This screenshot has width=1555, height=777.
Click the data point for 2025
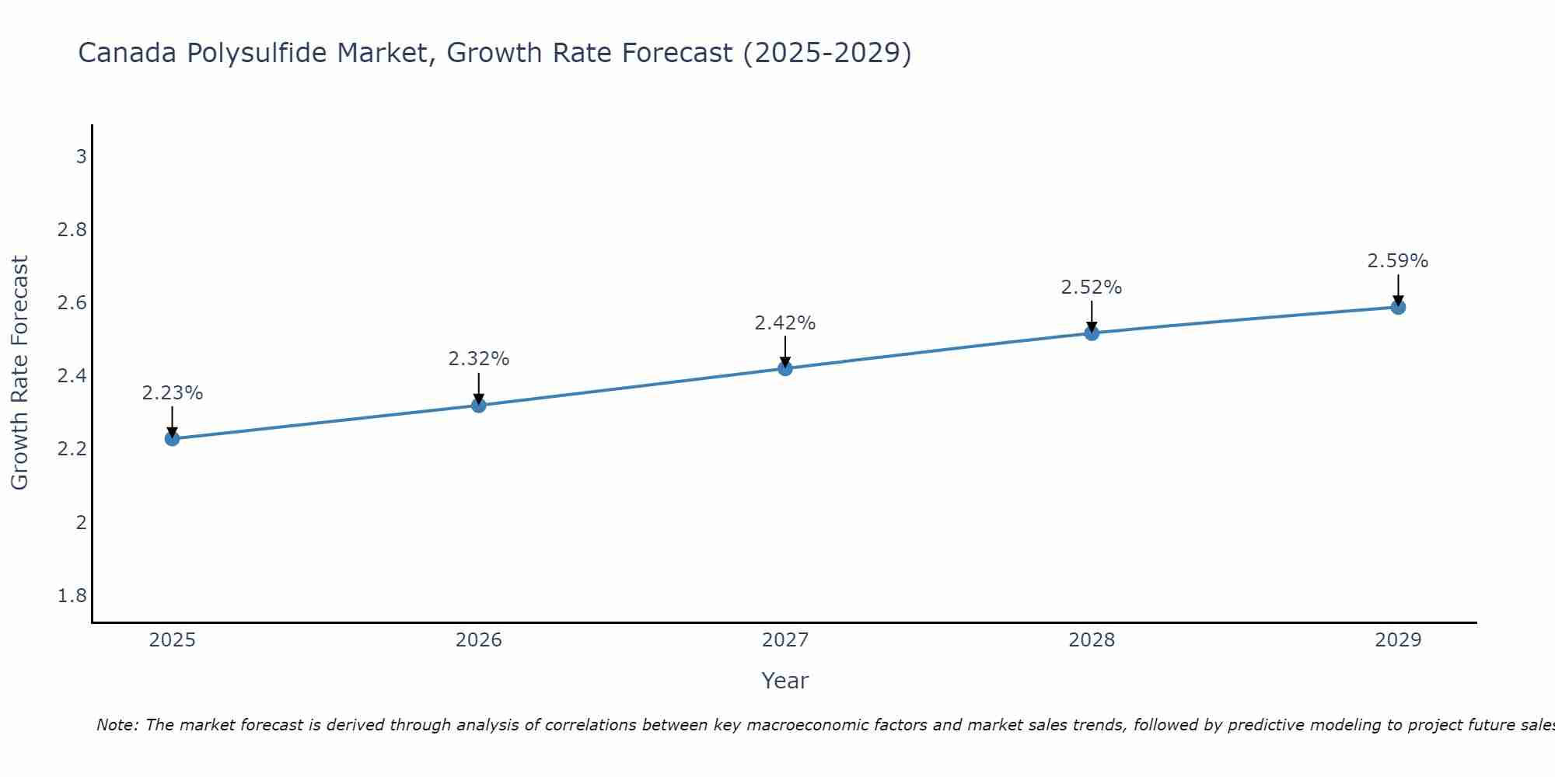pos(172,438)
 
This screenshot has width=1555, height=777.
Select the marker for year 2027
pos(785,368)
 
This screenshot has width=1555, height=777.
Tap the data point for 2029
pos(1398,307)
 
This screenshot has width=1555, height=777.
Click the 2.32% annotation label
pos(479,359)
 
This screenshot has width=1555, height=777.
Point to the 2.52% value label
pos(1092,287)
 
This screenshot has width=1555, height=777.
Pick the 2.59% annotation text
pos(1398,261)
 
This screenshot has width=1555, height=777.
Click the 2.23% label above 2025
pos(172,393)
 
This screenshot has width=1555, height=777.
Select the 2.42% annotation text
pos(785,323)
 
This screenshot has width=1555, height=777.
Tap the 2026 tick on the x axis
pos(479,640)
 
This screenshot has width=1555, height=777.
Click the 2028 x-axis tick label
pos(1092,640)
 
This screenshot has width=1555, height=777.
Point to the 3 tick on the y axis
pos(81,157)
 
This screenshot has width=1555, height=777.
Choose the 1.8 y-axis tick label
pos(72,596)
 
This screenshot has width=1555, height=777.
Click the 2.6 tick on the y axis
pos(72,303)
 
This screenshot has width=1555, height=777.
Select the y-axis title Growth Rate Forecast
pos(19,373)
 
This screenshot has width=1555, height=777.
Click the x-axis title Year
pos(785,681)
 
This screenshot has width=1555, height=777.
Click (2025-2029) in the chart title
pos(827,53)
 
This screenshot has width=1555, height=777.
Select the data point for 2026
pos(479,406)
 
